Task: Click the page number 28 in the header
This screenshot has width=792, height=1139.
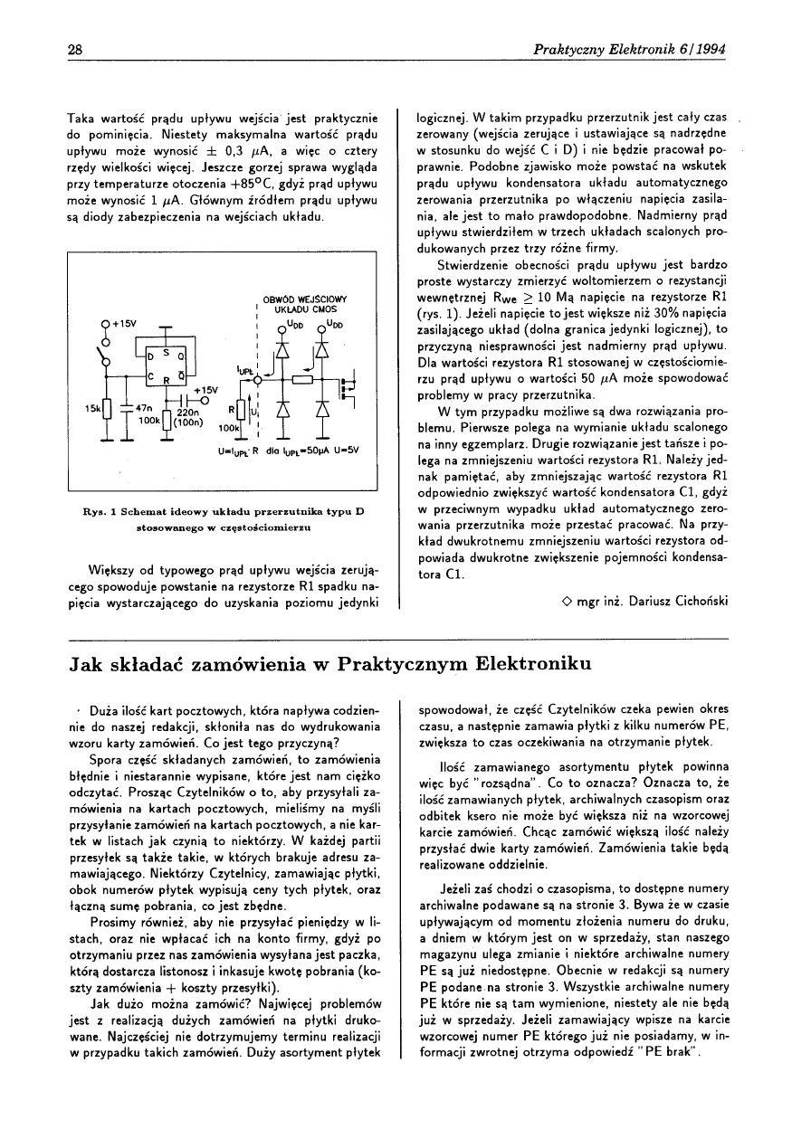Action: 75,49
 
